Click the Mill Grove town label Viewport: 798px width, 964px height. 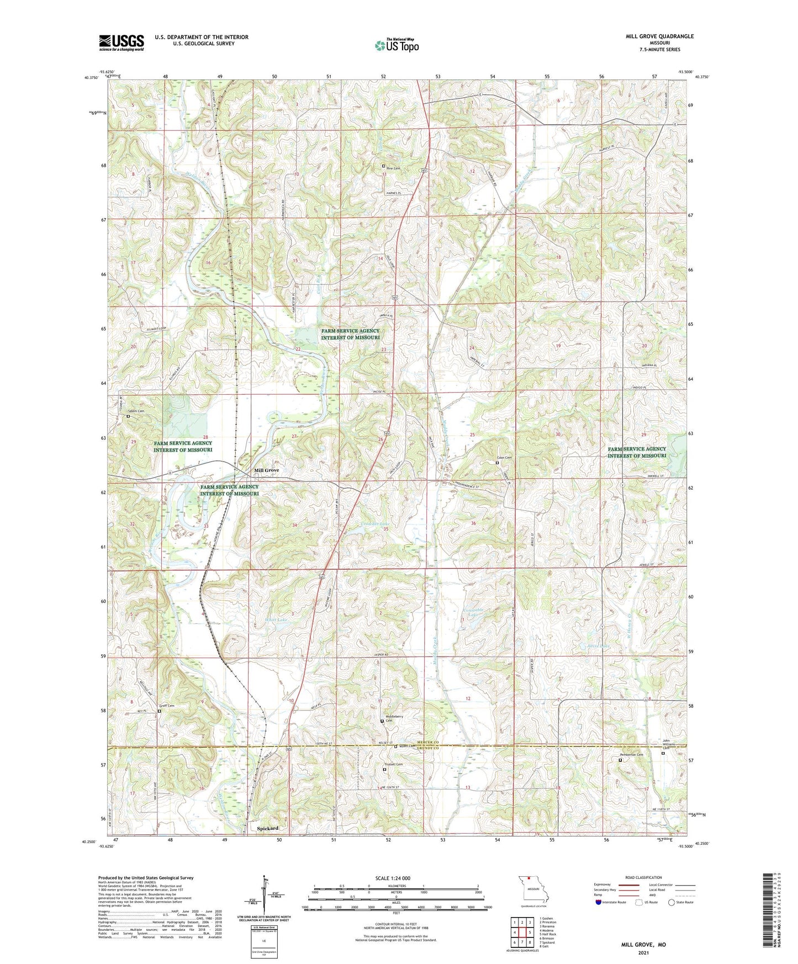[x=266, y=470]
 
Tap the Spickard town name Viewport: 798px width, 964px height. [x=267, y=828]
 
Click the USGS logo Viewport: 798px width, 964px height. [x=121, y=43]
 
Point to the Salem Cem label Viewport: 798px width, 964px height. [x=136, y=411]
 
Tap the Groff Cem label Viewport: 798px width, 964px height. [x=166, y=706]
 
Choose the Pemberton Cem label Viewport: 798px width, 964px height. [x=631, y=755]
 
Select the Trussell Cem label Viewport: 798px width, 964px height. [x=393, y=765]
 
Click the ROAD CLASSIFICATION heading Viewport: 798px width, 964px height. [x=643, y=877]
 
